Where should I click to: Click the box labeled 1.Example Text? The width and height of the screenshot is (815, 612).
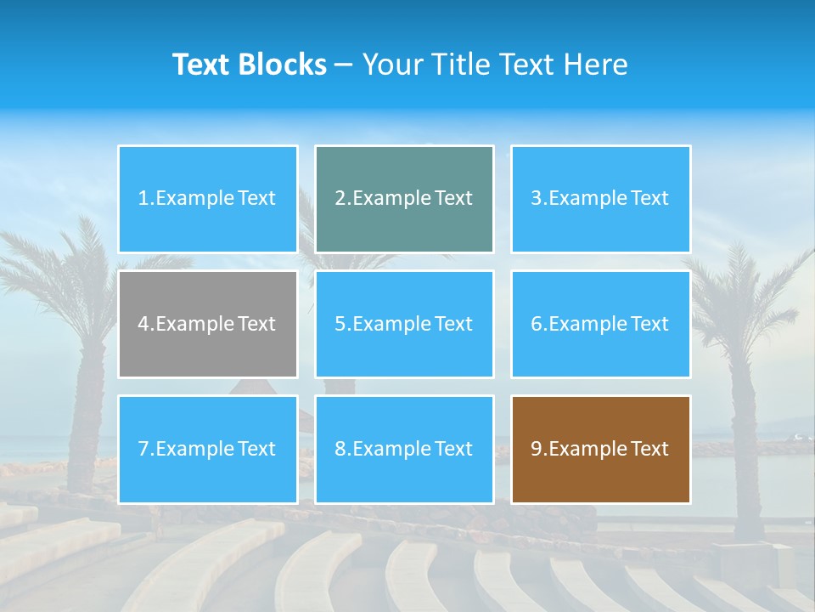(208, 199)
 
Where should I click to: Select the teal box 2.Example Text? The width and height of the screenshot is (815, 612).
(404, 199)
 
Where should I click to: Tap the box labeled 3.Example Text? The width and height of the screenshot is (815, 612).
(600, 199)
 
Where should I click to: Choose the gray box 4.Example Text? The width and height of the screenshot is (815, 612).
(208, 324)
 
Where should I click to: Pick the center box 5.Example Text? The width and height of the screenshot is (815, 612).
(404, 324)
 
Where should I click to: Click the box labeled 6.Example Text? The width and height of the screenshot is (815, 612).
(600, 324)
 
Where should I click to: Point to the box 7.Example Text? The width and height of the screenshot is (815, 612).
(208, 449)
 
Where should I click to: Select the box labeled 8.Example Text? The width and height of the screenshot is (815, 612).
(404, 449)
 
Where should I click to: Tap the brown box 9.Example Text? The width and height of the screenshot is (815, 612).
(600, 449)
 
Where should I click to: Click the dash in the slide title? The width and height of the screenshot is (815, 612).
(344, 65)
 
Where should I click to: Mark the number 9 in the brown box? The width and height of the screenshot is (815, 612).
(537, 449)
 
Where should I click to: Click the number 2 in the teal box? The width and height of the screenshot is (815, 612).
(340, 199)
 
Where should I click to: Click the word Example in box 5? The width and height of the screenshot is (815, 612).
(391, 324)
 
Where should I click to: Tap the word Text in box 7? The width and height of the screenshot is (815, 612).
(256, 449)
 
